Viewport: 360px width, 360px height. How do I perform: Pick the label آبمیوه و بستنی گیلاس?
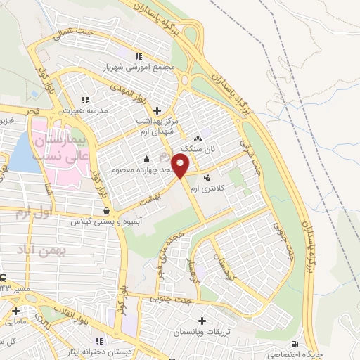point(106,221)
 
